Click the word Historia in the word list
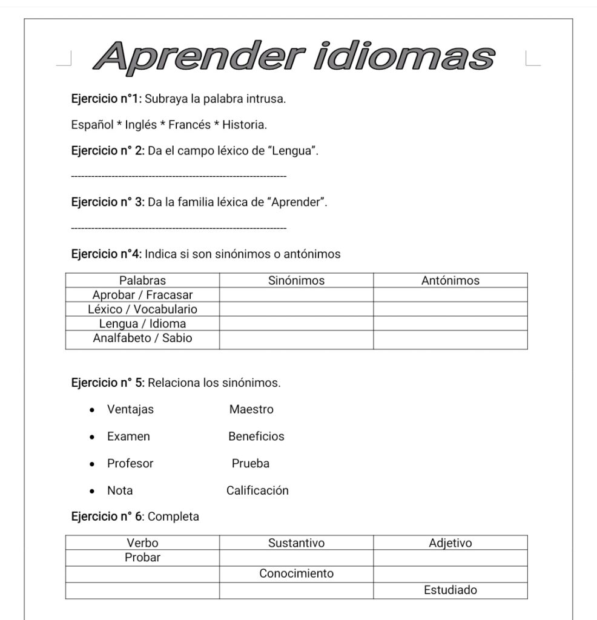(244, 125)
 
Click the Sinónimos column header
(296, 280)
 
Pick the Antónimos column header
(450, 280)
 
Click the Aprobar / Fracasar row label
(142, 295)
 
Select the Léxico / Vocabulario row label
(142, 309)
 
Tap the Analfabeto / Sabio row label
(142, 338)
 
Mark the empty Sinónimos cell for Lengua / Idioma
(296, 324)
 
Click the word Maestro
(251, 410)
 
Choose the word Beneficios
(256, 437)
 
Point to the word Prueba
(251, 464)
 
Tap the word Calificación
(257, 490)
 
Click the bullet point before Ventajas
(92, 410)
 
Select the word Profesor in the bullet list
(130, 464)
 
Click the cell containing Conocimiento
(296, 573)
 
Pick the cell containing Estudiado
(450, 590)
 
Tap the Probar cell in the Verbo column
(142, 558)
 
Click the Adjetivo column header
(450, 543)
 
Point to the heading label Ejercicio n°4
(107, 254)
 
